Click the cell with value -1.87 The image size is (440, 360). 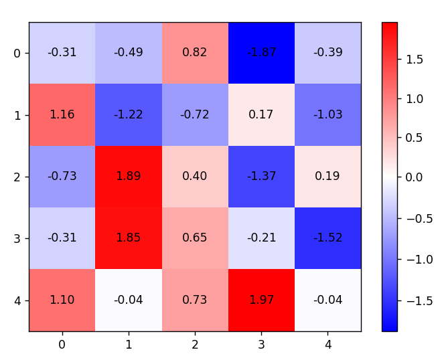pos(261,53)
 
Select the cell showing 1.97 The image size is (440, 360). pos(261,300)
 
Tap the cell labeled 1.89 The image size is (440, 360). pos(128,177)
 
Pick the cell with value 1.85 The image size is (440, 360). pos(128,238)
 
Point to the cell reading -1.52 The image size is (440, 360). pos(327,238)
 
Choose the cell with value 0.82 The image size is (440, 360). pos(194,53)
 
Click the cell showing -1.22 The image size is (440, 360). pos(128,114)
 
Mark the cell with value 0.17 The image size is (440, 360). pos(261,114)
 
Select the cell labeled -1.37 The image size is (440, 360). pos(261,177)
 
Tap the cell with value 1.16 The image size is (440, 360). pos(62,114)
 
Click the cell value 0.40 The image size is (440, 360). pos(194,177)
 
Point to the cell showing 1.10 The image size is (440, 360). pos(62,300)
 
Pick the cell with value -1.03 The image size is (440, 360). pos(327,114)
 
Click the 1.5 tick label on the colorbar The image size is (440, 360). pos(415,60)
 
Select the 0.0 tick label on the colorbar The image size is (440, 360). pos(415,177)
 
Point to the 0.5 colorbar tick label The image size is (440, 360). pos(415,138)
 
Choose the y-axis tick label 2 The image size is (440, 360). pos(17,177)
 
